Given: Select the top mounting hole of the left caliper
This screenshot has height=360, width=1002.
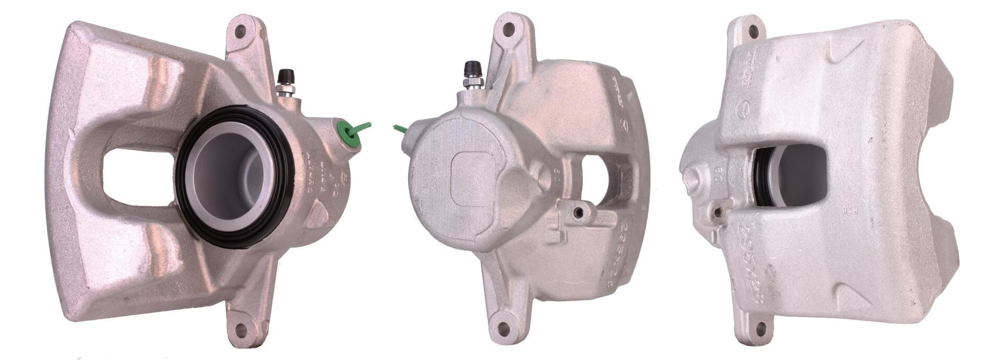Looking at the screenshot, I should tap(240, 31).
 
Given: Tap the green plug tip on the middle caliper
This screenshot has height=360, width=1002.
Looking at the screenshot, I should tap(400, 128).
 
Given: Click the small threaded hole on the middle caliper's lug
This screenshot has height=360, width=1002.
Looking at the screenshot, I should tap(578, 212).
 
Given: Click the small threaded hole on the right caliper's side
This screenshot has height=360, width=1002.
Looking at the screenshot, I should tap(718, 212).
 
